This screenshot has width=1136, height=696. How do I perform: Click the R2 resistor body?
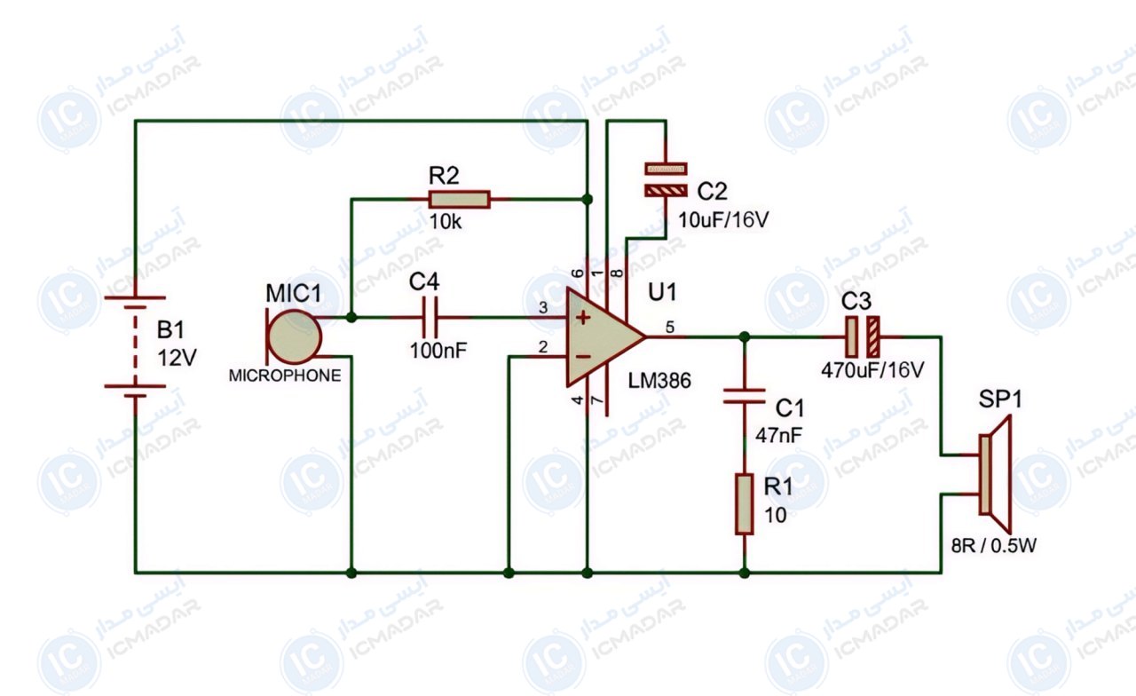(x=459, y=200)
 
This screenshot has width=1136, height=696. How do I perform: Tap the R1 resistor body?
(x=744, y=503)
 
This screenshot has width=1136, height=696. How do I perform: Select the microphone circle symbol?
(x=294, y=336)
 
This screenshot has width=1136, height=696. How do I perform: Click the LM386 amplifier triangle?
(x=601, y=336)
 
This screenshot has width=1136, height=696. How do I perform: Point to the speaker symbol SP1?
(x=996, y=474)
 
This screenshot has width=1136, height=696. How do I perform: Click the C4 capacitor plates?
(x=430, y=318)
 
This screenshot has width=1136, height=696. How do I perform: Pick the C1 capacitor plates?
(x=744, y=396)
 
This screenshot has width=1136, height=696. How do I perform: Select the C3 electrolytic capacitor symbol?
(x=862, y=336)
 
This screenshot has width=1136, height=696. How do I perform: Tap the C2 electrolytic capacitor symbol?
(x=666, y=179)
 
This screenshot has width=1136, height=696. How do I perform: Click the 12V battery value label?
(x=177, y=358)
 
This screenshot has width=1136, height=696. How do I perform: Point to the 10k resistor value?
(x=446, y=222)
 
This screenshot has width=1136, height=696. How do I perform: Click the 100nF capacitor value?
(x=438, y=351)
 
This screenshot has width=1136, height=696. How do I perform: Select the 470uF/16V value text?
(x=872, y=370)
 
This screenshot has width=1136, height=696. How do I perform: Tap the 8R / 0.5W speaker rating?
(x=993, y=546)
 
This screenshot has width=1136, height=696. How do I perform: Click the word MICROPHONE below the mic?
(x=285, y=376)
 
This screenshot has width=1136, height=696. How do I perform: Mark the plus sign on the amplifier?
(x=583, y=318)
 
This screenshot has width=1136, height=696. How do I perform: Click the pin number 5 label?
(x=670, y=328)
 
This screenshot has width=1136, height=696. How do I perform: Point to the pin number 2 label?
(x=543, y=347)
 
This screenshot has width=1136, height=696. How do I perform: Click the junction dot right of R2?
(x=588, y=200)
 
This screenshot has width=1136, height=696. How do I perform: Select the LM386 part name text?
(x=659, y=381)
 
